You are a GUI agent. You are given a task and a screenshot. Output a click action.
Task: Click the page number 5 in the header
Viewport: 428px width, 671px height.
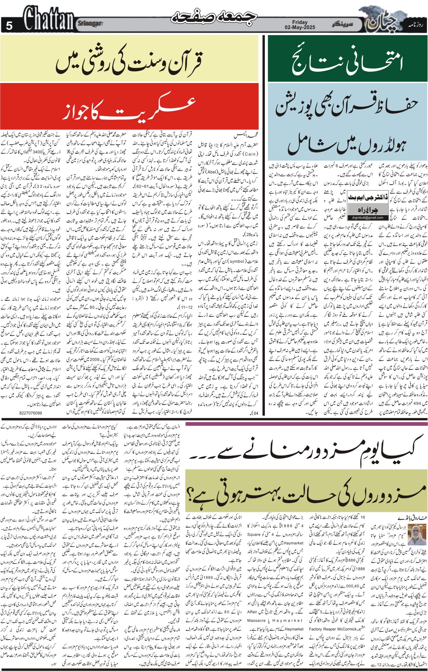(9, 26)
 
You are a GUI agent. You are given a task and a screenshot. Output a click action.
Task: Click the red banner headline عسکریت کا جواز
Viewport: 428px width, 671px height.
(130, 109)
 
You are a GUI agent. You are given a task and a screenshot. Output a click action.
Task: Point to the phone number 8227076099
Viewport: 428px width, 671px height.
(31, 413)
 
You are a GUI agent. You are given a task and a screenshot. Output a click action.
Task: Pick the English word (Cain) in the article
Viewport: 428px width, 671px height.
(248, 154)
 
